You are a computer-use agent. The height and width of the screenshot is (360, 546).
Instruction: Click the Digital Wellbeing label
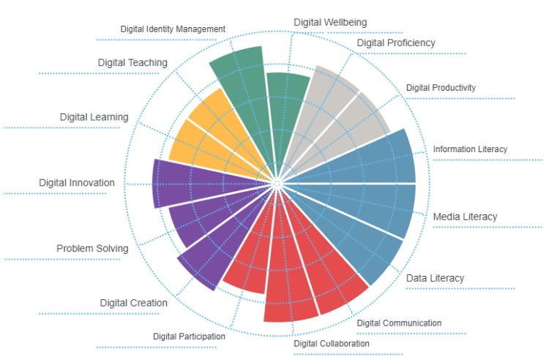(x=330, y=22)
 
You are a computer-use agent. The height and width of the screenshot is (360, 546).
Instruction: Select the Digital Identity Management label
(x=173, y=29)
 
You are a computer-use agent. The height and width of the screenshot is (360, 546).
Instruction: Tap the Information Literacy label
(x=470, y=149)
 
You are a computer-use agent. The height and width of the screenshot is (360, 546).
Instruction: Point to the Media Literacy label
(x=465, y=217)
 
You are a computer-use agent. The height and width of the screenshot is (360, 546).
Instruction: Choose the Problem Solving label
(x=92, y=249)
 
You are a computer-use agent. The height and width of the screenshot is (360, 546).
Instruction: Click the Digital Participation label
(x=189, y=336)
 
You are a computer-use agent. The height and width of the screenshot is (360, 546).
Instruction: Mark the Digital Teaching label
(x=132, y=63)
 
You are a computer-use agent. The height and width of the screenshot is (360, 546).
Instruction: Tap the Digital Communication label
(x=399, y=323)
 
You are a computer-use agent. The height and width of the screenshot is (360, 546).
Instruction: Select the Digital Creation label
(x=133, y=303)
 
